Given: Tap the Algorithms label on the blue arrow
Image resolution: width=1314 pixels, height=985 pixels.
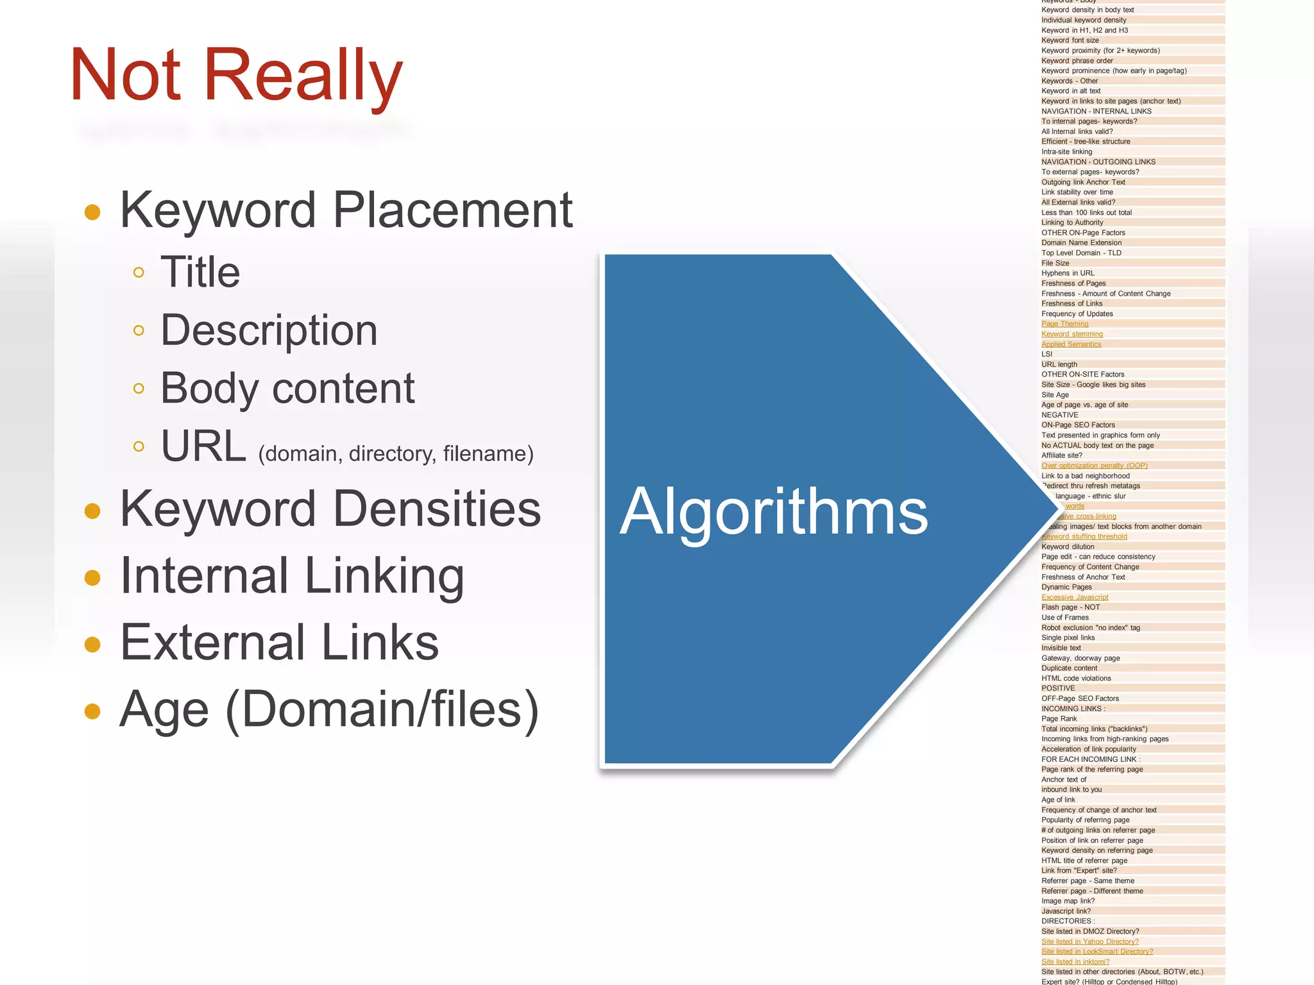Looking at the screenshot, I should click(774, 511).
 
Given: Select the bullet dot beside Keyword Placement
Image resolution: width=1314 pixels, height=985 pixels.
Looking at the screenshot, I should click(92, 212).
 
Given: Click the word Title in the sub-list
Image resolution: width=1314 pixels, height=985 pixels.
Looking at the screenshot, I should click(200, 272).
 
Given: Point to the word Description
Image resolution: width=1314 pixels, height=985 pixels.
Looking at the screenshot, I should click(269, 330).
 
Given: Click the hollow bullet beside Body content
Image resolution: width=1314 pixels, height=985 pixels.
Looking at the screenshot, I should click(139, 388).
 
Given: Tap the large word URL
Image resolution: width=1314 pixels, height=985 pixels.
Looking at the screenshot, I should click(203, 446).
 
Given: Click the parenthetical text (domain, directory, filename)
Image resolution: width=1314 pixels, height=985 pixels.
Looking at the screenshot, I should click(396, 454).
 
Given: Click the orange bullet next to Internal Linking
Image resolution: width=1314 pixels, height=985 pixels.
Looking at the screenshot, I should click(92, 577).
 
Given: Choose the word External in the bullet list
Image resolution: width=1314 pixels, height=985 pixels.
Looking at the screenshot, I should click(213, 643).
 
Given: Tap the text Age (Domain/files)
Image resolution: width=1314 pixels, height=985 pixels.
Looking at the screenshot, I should click(328, 709).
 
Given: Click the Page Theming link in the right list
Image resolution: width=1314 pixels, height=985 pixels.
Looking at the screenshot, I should click(1065, 324).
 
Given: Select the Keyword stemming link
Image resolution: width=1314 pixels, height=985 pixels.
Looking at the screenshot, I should click(1072, 334).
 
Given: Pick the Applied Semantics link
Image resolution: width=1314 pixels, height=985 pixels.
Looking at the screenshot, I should click(1071, 344).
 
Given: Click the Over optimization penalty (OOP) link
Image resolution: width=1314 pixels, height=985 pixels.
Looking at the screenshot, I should click(1094, 466).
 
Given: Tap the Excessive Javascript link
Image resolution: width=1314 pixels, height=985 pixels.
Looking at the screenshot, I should click(1075, 597).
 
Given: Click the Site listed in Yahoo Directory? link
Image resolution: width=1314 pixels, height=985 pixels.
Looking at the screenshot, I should click(1090, 941).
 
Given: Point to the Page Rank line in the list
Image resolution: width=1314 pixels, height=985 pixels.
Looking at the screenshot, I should click(1059, 719).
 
